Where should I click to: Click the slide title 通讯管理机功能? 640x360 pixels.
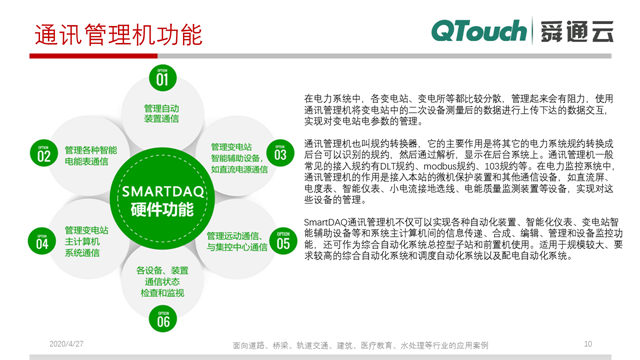[x=118, y=36]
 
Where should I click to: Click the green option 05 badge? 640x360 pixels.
[x=283, y=241]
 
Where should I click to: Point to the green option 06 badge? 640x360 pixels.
[x=162, y=319]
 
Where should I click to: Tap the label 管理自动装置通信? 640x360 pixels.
[x=162, y=113]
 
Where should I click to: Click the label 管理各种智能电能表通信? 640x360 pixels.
[x=91, y=155]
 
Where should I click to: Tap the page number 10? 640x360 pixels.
[x=587, y=343]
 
